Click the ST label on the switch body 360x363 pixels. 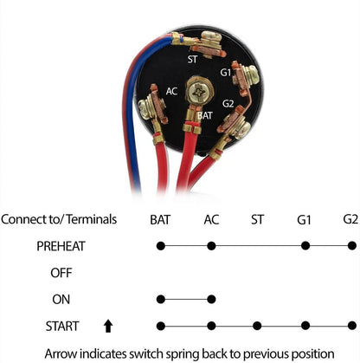[x=192, y=59]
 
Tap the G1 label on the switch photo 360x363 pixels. [x=226, y=72]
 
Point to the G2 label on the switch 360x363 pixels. [x=228, y=103]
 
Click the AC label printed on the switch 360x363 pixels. [x=171, y=91]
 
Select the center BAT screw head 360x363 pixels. [x=200, y=92]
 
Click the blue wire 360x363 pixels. [x=132, y=115]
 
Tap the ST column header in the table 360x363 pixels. [x=257, y=220]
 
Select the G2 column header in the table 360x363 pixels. [x=350, y=219]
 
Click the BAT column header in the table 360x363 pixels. [x=160, y=220]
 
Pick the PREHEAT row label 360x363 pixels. [x=61, y=246]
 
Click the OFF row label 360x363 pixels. [x=61, y=273]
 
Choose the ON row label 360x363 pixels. [x=61, y=300]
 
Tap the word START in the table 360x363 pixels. [x=62, y=327]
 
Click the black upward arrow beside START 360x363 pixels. [x=108, y=326]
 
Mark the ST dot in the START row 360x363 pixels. [x=257, y=326]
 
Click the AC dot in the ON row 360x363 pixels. [x=211, y=299]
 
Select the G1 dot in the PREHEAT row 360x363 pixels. [x=305, y=246]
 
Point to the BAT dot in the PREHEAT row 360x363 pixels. [x=161, y=246]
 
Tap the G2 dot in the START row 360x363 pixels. [x=352, y=326]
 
